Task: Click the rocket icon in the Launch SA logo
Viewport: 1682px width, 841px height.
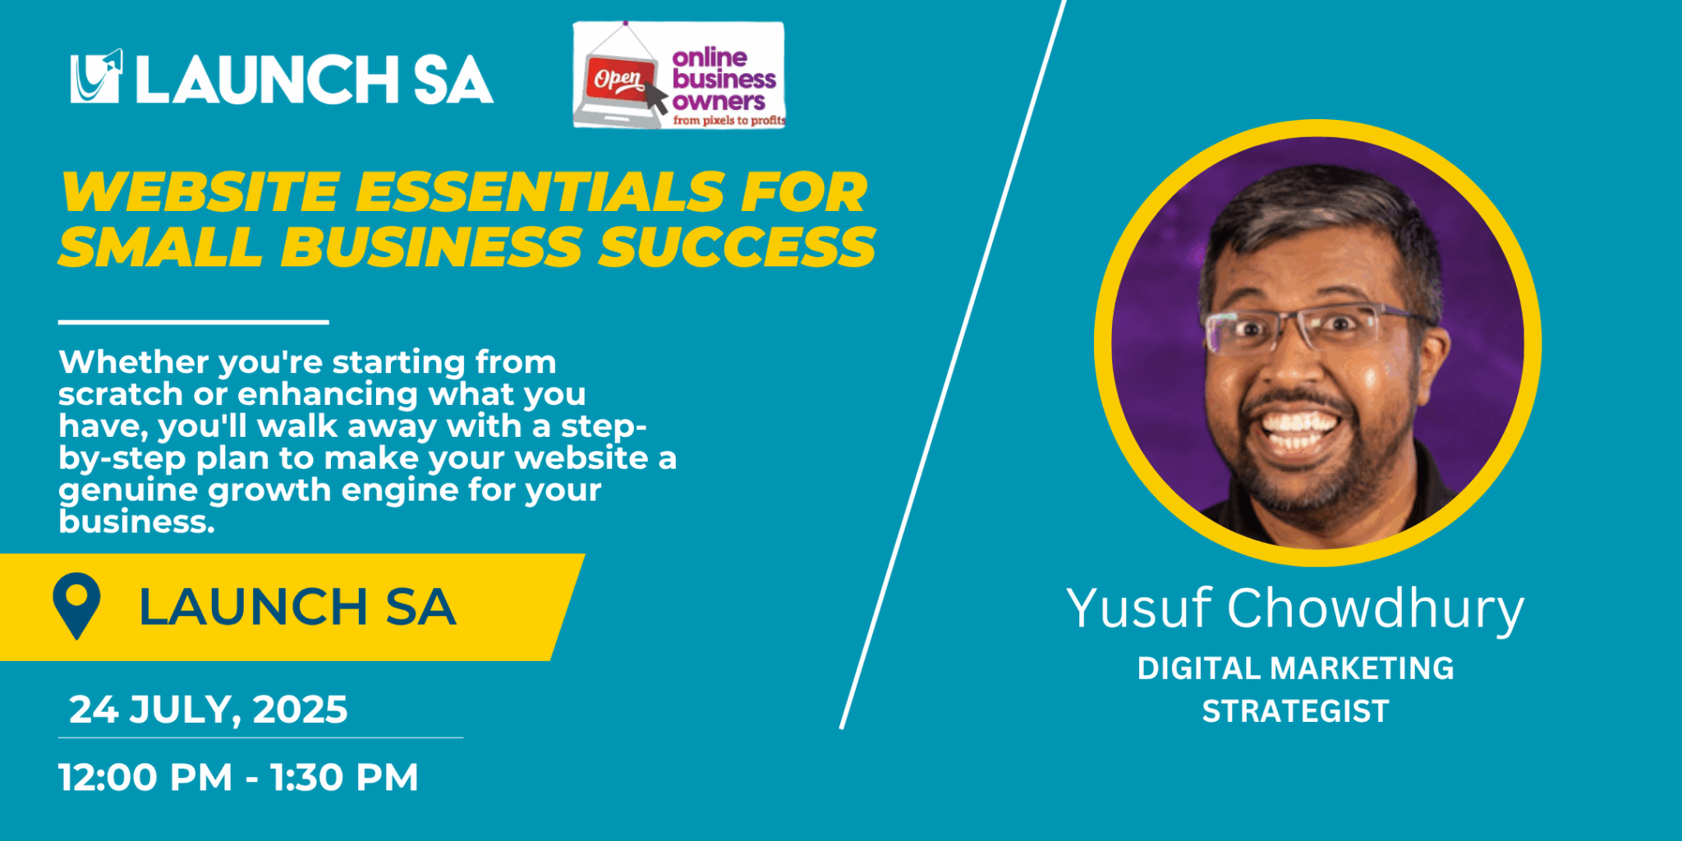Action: coord(96,76)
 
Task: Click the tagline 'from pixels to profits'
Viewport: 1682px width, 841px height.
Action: coord(729,121)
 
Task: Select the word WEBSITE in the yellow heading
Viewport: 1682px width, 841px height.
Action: coord(200,192)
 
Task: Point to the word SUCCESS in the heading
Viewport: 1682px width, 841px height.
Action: coord(738,246)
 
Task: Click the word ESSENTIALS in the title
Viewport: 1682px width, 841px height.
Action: coord(540,192)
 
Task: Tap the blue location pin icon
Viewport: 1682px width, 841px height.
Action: coord(76,606)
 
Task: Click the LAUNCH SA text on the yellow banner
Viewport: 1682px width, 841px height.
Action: coord(296,607)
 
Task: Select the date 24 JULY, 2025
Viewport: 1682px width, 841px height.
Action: coord(209,710)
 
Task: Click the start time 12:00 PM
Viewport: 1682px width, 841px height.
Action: coord(145,777)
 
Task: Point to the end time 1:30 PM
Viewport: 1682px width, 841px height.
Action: coord(344,777)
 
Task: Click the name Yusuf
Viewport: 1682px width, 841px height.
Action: coord(1138,609)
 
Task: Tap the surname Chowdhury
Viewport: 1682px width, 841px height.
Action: coord(1376,609)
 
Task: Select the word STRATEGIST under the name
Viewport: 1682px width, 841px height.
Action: coord(1295,711)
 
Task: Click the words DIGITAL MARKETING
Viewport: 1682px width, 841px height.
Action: coord(1295,669)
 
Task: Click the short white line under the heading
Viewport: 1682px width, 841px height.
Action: coord(194,322)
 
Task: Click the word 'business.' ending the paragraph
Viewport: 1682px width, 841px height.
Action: coord(136,522)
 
